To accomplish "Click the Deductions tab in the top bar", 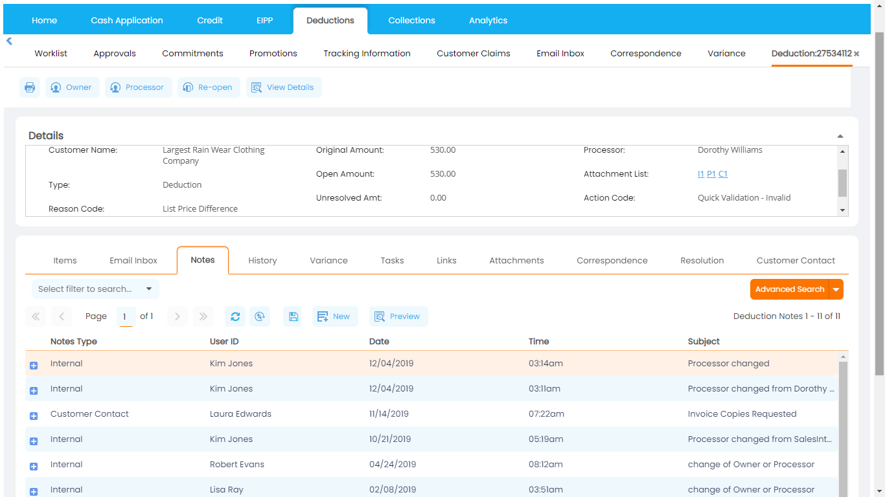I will click(330, 21).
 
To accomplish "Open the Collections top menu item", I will click(411, 21).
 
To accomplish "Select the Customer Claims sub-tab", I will click(473, 54).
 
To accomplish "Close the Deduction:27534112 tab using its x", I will click(856, 54).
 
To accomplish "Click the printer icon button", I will click(30, 87).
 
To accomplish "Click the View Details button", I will click(284, 87).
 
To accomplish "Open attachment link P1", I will click(711, 174).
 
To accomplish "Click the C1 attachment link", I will click(723, 174).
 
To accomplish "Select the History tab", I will click(262, 261).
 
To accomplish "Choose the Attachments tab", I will click(516, 261).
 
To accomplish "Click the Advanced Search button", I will click(789, 289).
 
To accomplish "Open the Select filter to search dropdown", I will click(95, 289).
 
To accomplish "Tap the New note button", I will click(335, 316).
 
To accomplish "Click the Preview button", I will click(398, 316).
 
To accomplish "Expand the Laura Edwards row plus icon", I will click(34, 416).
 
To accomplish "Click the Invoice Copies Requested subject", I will click(742, 414).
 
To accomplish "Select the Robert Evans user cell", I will click(236, 465).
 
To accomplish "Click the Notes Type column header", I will click(74, 342).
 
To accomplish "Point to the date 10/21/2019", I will click(390, 439).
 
